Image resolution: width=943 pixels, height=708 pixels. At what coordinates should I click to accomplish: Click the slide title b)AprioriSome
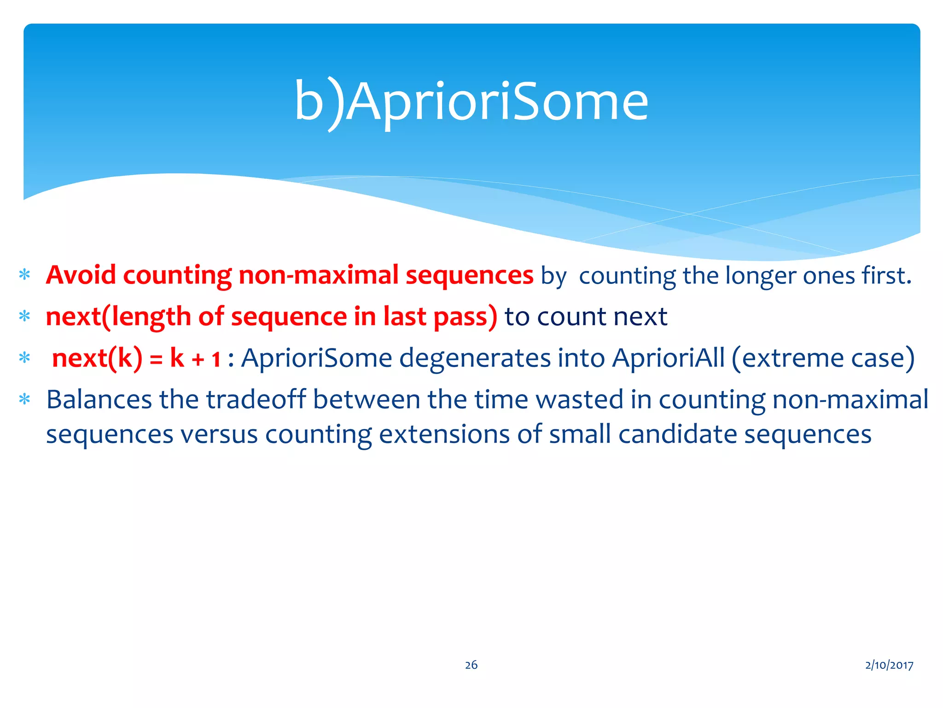(471, 101)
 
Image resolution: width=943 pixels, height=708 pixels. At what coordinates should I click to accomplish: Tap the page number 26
(471, 665)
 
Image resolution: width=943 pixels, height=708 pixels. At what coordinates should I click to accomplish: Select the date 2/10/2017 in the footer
(889, 665)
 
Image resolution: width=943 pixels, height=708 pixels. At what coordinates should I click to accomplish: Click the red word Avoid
(81, 275)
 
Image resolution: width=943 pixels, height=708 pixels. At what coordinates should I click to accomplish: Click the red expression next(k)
(97, 358)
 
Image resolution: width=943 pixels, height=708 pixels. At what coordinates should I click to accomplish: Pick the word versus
(219, 434)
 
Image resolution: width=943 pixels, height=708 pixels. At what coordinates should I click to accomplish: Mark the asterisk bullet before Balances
(24, 400)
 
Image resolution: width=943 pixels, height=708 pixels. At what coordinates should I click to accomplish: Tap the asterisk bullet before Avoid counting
(24, 276)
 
